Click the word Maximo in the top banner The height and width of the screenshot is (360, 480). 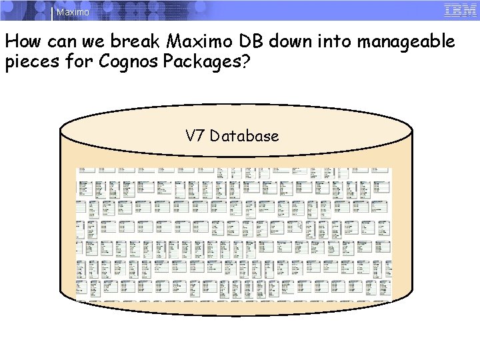tap(73, 12)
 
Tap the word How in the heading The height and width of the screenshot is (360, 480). tap(23, 42)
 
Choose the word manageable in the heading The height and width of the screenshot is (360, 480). tap(406, 42)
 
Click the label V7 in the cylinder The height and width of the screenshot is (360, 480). tap(195, 136)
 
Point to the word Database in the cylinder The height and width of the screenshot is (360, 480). tap(244, 136)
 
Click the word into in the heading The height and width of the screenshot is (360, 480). tap(335, 42)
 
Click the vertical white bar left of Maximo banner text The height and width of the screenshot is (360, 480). tap(53, 12)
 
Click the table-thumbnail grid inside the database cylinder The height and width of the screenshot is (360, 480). tap(233, 233)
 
